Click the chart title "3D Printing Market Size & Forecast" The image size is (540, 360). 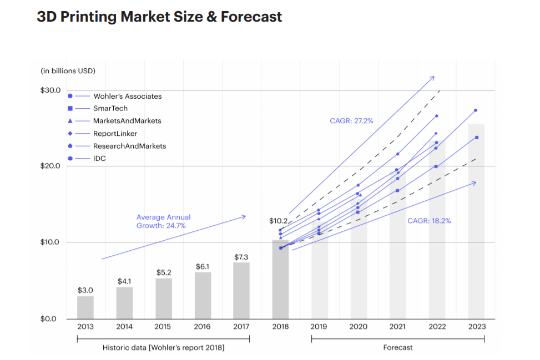click(159, 17)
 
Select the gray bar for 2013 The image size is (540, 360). click(85, 307)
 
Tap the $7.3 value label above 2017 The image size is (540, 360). click(241, 257)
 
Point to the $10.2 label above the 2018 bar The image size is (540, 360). click(279, 221)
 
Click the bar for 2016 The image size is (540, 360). click(203, 295)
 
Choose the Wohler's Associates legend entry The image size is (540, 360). click(127, 96)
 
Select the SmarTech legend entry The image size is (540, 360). click(110, 109)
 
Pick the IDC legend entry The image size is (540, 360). click(99, 159)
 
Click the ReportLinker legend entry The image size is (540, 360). click(115, 134)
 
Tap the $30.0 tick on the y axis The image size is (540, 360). click(51, 90)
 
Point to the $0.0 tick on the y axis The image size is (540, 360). click(51, 319)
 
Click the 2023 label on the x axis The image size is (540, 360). click(476, 327)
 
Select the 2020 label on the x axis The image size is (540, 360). click(359, 327)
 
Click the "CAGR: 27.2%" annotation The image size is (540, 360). click(351, 120)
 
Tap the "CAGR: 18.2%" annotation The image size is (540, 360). click(429, 221)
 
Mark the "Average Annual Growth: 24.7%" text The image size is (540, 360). click(163, 222)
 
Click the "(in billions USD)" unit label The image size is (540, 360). click(68, 71)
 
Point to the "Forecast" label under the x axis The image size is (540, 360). click(398, 348)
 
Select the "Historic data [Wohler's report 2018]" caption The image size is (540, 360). click(163, 348)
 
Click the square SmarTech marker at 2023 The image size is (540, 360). click(476, 137)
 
